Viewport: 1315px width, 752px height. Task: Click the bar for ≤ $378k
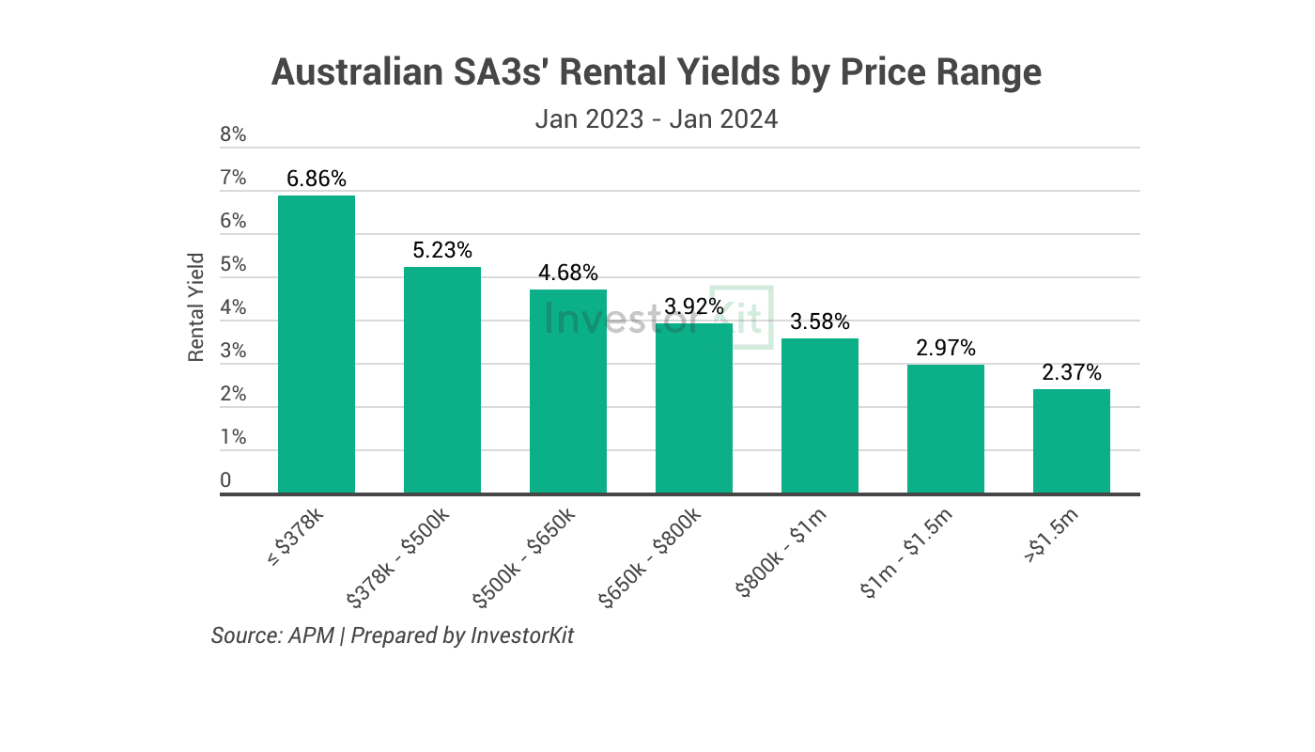[x=317, y=344]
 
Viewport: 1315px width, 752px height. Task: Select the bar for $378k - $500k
[x=442, y=380]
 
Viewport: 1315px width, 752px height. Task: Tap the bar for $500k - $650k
[x=568, y=391]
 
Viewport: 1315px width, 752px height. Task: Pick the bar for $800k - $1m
[x=819, y=415]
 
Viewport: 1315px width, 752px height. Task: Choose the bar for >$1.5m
[x=1072, y=441]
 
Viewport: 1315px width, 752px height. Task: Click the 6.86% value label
[x=317, y=179]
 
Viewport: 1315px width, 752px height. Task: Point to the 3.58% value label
[x=819, y=321]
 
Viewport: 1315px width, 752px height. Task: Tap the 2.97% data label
[x=946, y=348]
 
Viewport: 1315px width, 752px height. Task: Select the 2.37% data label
[x=1072, y=372]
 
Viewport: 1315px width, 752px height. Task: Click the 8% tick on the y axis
[x=233, y=134]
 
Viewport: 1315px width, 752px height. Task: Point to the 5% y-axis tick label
[x=233, y=264]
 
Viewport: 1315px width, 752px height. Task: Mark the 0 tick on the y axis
[x=225, y=480]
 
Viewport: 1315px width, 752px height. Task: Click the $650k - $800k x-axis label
[x=649, y=557]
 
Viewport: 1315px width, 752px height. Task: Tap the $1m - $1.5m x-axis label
[x=905, y=553]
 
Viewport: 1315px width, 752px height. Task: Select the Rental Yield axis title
[x=195, y=307]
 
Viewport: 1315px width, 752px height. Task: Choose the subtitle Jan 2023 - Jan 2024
[x=657, y=119]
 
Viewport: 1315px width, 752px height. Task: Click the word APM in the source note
[x=311, y=635]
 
